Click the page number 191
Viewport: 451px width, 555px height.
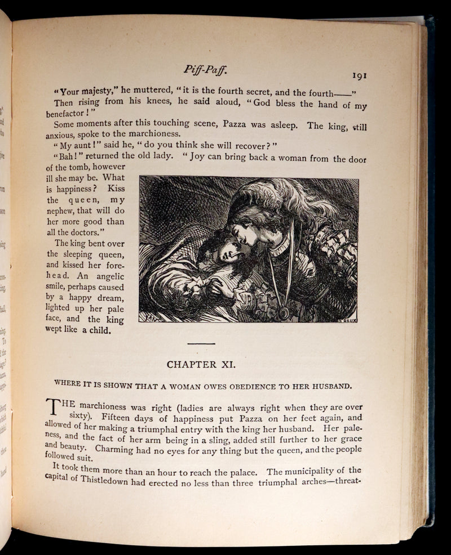tap(360, 76)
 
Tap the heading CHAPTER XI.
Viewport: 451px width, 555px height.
tap(201, 364)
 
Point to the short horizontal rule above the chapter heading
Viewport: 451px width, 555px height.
tap(201, 343)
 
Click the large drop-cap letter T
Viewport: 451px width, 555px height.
tap(52, 407)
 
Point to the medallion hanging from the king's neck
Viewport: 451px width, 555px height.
tap(284, 313)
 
